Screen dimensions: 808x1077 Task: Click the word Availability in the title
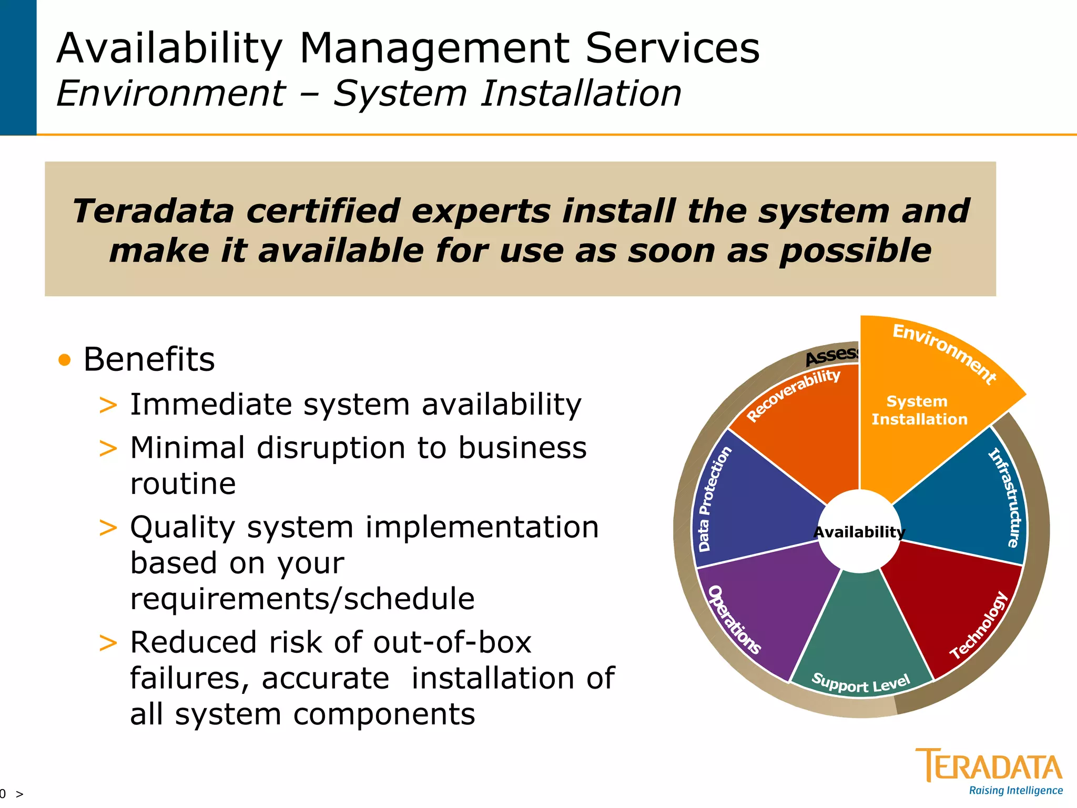pos(169,48)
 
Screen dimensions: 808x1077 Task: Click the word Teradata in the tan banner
pos(153,211)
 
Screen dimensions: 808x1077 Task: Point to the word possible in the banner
pos(855,250)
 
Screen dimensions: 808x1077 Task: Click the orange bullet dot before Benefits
pos(65,360)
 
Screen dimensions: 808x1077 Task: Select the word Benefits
pos(149,360)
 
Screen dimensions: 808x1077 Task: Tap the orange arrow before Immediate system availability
pos(108,406)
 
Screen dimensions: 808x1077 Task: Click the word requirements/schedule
pos(302,599)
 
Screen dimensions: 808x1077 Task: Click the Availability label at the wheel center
pos(859,532)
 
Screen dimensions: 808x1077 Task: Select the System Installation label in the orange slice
pos(919,410)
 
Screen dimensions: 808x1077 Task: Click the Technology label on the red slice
pos(979,626)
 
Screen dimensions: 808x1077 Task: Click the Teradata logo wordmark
pos(989,766)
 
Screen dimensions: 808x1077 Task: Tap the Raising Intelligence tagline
pos(1015,791)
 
